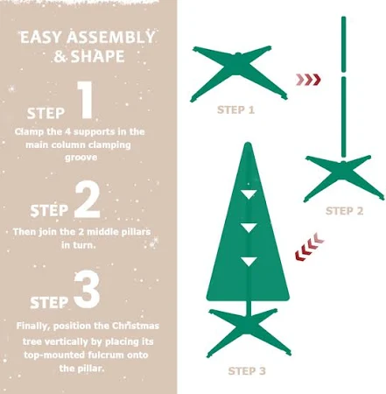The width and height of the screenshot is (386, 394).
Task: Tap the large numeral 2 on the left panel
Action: coord(88,200)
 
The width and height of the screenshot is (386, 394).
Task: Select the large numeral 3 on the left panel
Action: coord(87,290)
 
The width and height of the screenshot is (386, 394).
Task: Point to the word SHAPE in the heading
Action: coord(98,56)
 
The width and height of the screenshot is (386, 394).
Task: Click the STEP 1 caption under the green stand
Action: coord(235,110)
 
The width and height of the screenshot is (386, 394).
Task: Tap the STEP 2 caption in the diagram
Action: coord(344,211)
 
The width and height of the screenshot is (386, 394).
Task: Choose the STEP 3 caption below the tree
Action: coord(247,371)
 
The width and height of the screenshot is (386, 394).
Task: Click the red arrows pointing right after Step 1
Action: coord(308,80)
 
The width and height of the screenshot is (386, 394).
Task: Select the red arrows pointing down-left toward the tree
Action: coord(309,246)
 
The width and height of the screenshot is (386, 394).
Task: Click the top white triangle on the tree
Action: coord(249,194)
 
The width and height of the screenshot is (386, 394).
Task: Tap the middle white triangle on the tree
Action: coord(249,228)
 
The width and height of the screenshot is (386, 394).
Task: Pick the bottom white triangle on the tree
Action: coord(249,262)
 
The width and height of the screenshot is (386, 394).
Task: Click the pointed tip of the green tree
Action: coord(248,143)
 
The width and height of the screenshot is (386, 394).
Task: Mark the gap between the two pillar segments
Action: coord(343,74)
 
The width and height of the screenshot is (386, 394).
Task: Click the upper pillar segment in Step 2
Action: coord(343,44)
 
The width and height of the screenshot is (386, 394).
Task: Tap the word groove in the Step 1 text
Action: coord(81,158)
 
